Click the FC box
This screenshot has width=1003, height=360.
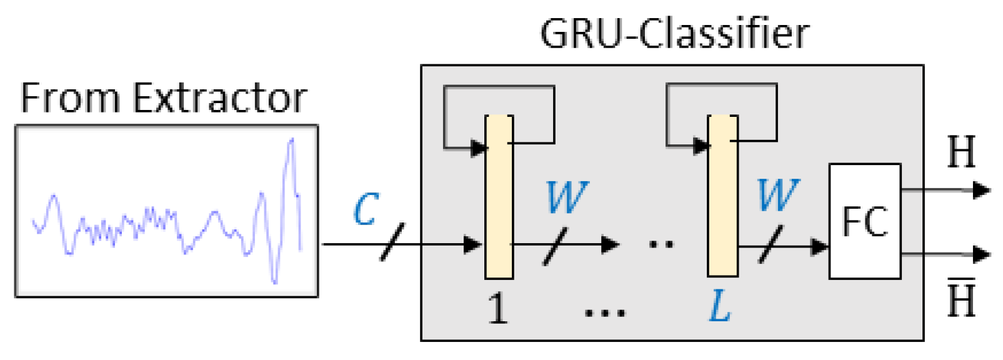864,221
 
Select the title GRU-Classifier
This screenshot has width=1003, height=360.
674,34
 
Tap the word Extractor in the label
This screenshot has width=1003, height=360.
219,98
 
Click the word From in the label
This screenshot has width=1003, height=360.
70,98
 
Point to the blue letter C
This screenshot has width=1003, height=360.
366,209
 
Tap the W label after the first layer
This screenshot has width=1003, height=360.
566,197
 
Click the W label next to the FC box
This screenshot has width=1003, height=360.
777,195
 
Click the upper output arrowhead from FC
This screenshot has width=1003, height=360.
982,190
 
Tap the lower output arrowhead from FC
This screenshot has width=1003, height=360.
982,254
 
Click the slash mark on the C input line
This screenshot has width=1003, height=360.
392,242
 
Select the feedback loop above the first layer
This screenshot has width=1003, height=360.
499,87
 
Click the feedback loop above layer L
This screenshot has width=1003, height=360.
721,86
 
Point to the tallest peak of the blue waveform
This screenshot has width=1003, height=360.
291,141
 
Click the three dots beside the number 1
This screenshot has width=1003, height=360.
604,312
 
